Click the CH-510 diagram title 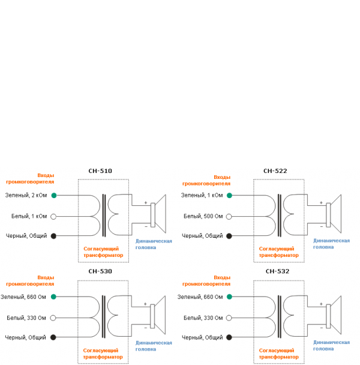pos(100,171)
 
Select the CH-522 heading pos(275,171)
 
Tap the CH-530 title pos(100,271)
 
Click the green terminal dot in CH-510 pos(53,195)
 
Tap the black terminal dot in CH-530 pos(53,337)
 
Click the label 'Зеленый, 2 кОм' pos(26,195)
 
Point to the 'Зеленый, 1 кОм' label pos(202,195)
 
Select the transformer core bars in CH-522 pos(280,216)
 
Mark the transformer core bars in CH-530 pos(104,316)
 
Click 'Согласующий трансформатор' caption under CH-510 pos(103,252)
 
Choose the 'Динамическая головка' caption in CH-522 pos(331,243)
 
